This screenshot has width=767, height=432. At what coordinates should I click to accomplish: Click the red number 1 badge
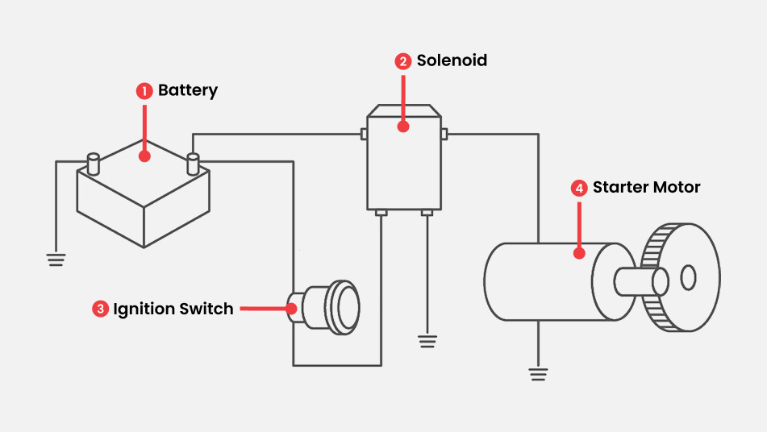[144, 91]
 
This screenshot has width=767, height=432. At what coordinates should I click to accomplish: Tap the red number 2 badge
[402, 61]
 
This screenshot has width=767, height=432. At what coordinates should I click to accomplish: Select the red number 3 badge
[100, 309]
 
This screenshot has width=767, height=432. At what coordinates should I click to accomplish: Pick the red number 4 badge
[579, 188]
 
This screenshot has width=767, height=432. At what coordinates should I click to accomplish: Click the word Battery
[188, 90]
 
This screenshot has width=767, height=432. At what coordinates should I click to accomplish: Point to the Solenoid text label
[452, 60]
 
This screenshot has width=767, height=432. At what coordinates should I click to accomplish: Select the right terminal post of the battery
[193, 163]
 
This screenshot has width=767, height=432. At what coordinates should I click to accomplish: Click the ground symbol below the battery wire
[56, 259]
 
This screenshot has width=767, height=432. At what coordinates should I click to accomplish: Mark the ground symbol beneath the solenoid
[427, 341]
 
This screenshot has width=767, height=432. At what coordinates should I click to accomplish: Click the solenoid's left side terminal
[364, 133]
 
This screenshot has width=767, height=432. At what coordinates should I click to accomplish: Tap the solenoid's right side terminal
[443, 133]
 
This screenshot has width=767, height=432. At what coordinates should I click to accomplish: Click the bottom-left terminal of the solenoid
[381, 213]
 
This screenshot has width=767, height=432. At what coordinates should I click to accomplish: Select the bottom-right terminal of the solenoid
[427, 213]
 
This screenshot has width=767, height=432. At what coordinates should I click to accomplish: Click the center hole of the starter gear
[688, 277]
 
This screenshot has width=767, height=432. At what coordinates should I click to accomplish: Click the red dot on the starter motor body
[579, 253]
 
